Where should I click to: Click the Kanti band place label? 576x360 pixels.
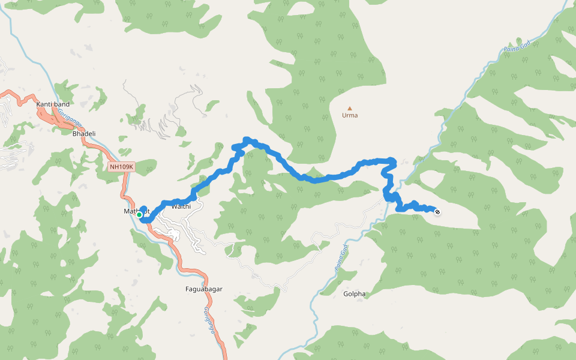click(x=53, y=104)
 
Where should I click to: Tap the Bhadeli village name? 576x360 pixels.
click(x=84, y=133)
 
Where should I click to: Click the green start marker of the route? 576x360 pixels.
click(x=139, y=214)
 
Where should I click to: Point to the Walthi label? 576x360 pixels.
click(x=181, y=206)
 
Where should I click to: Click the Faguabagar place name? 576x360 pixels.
click(x=204, y=289)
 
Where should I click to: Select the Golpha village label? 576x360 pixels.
click(x=354, y=294)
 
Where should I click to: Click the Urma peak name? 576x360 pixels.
click(x=350, y=115)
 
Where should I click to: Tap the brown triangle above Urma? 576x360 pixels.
click(x=350, y=108)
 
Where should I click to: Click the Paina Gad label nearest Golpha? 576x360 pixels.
click(x=340, y=262)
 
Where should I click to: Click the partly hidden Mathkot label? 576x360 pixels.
click(x=131, y=211)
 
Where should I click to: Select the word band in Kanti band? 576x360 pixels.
click(x=61, y=104)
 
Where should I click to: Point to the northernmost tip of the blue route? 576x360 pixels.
click(x=245, y=139)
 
